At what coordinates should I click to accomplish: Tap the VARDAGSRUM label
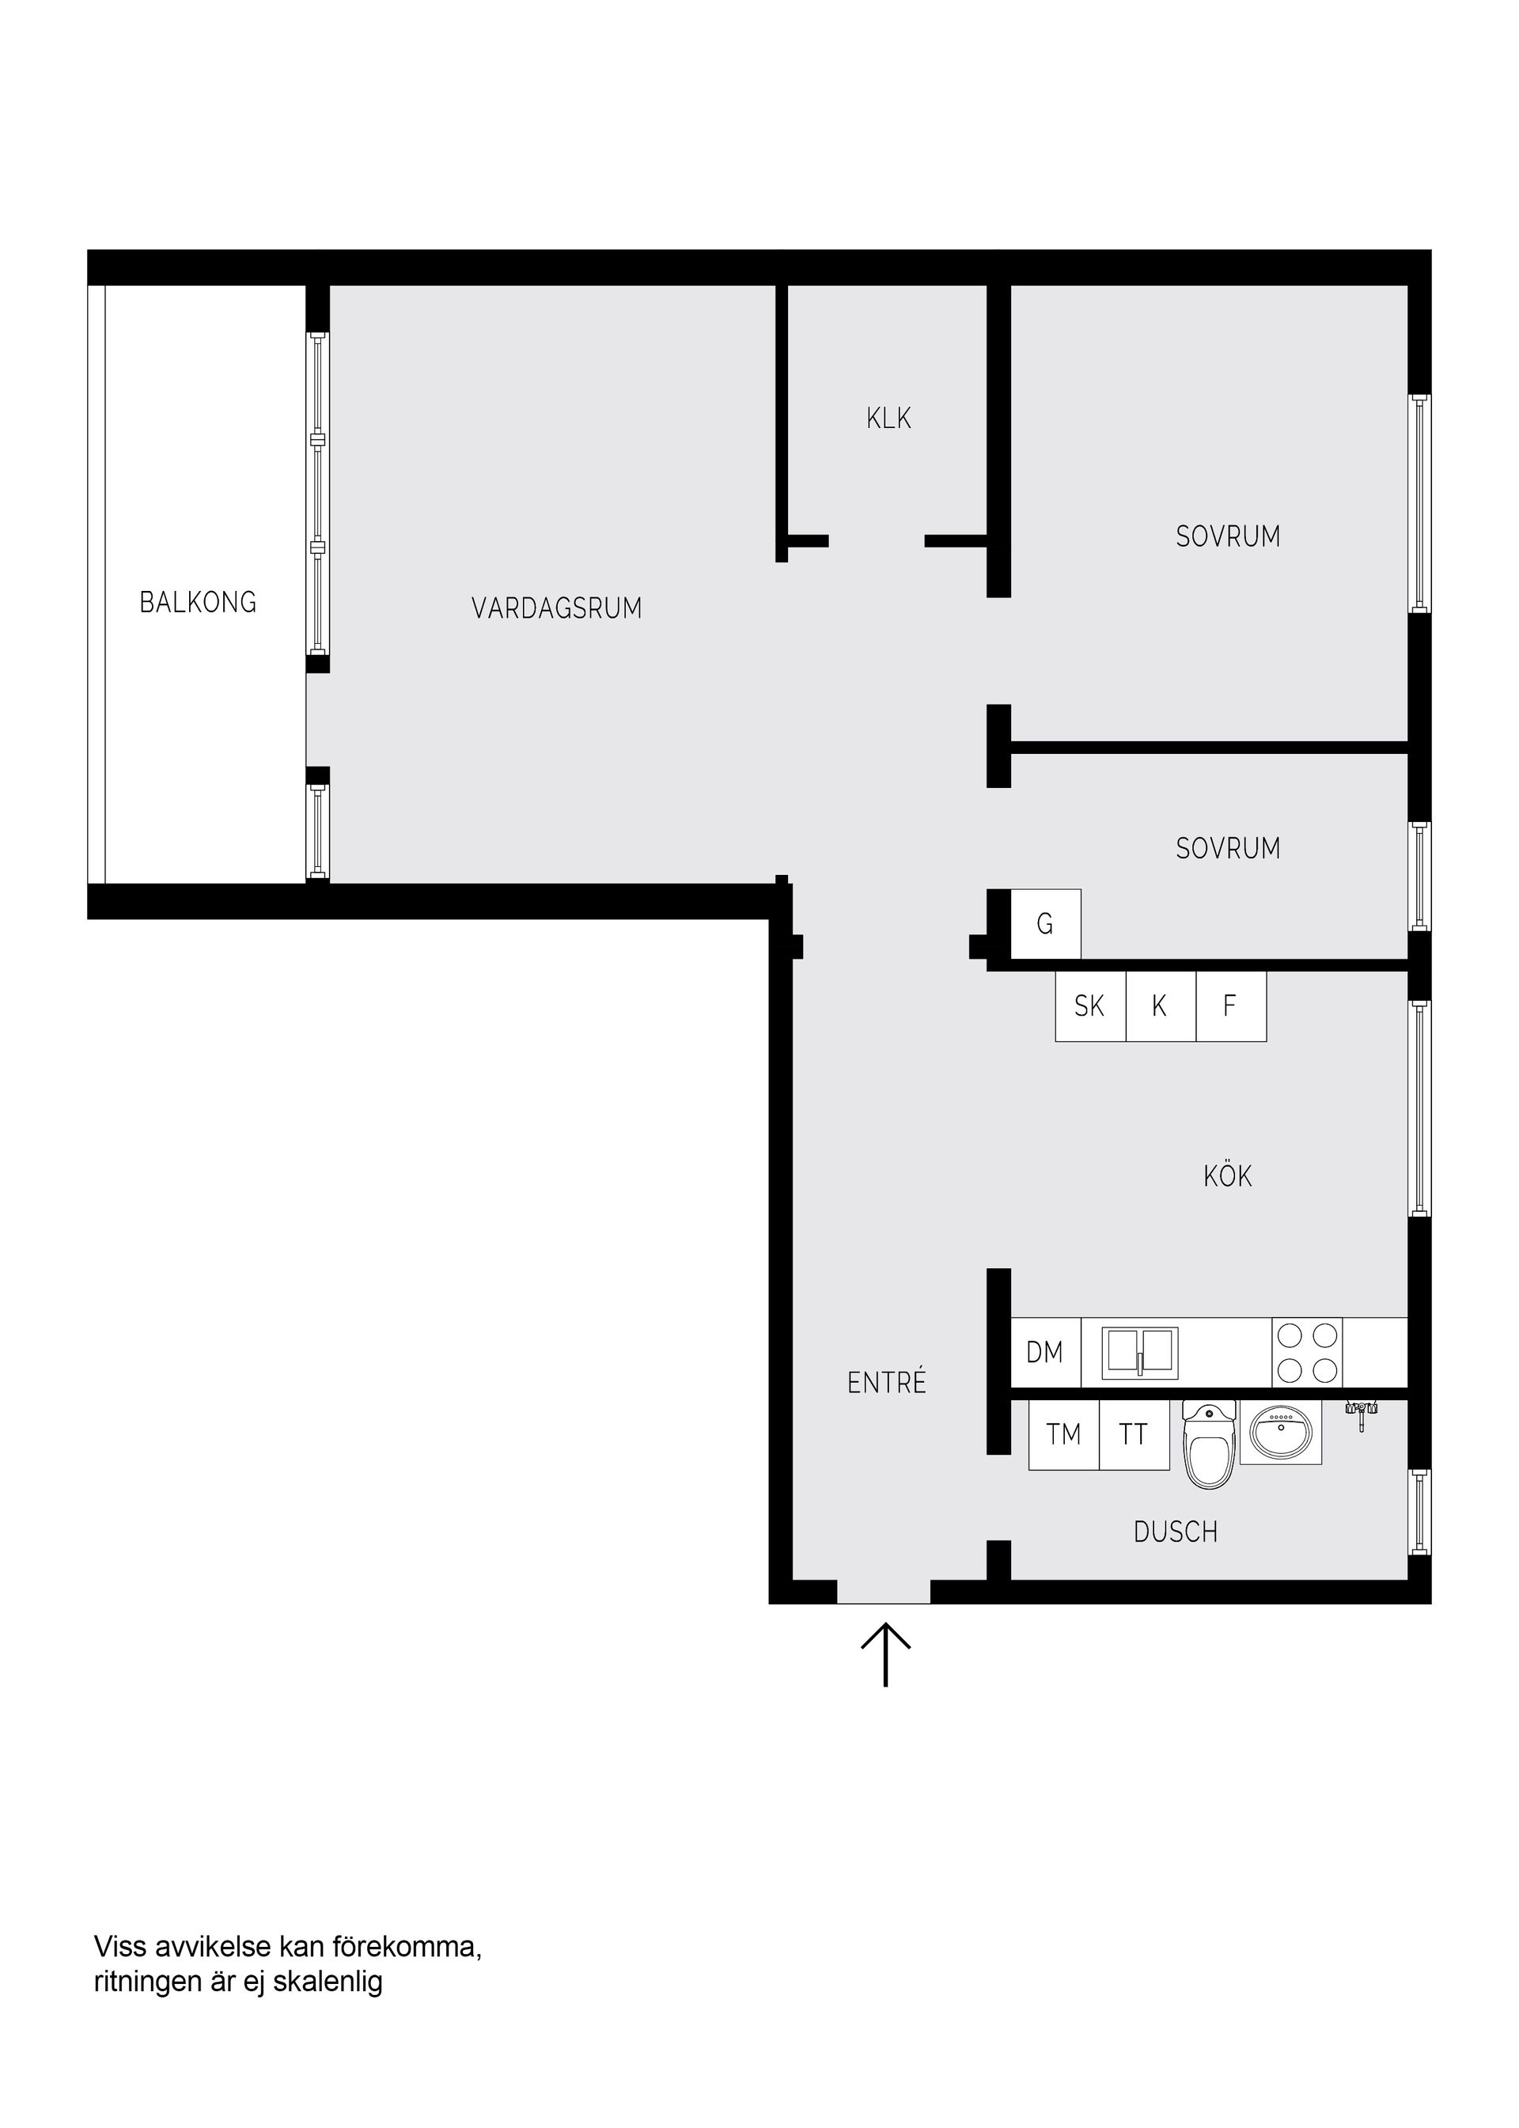(x=556, y=609)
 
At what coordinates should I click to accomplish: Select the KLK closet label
(x=888, y=418)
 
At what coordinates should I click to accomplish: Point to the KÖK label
(x=1227, y=1176)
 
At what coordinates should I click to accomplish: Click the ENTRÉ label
(x=887, y=1383)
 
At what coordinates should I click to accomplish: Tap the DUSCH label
(x=1176, y=1532)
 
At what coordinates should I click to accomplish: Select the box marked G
(x=1046, y=924)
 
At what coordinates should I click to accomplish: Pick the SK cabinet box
(x=1089, y=1006)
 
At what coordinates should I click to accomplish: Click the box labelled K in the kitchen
(x=1160, y=1006)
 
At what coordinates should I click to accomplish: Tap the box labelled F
(x=1230, y=1006)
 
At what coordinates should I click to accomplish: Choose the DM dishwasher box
(x=1045, y=1353)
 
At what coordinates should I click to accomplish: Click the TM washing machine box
(x=1063, y=1435)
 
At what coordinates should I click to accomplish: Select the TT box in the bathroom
(x=1134, y=1435)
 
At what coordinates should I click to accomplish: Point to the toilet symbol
(x=1210, y=1446)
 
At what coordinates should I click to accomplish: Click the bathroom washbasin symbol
(x=1281, y=1433)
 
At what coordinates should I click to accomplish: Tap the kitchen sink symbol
(x=1139, y=1354)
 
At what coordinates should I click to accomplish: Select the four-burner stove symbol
(x=1307, y=1353)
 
